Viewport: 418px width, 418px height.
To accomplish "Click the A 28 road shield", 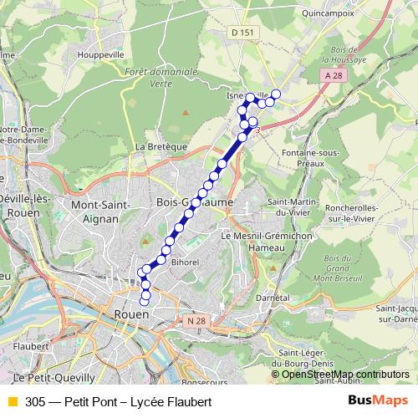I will pyautogui.click(x=334, y=75).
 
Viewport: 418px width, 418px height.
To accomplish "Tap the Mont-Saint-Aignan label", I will pyautogui.click(x=104, y=211).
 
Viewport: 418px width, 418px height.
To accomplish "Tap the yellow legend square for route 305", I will pyautogui.click(x=12, y=402).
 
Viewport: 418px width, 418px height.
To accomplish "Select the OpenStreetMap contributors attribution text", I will pyautogui.click(x=345, y=374).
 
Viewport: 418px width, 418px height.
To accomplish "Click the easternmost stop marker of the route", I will pyautogui.click(x=276, y=94).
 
